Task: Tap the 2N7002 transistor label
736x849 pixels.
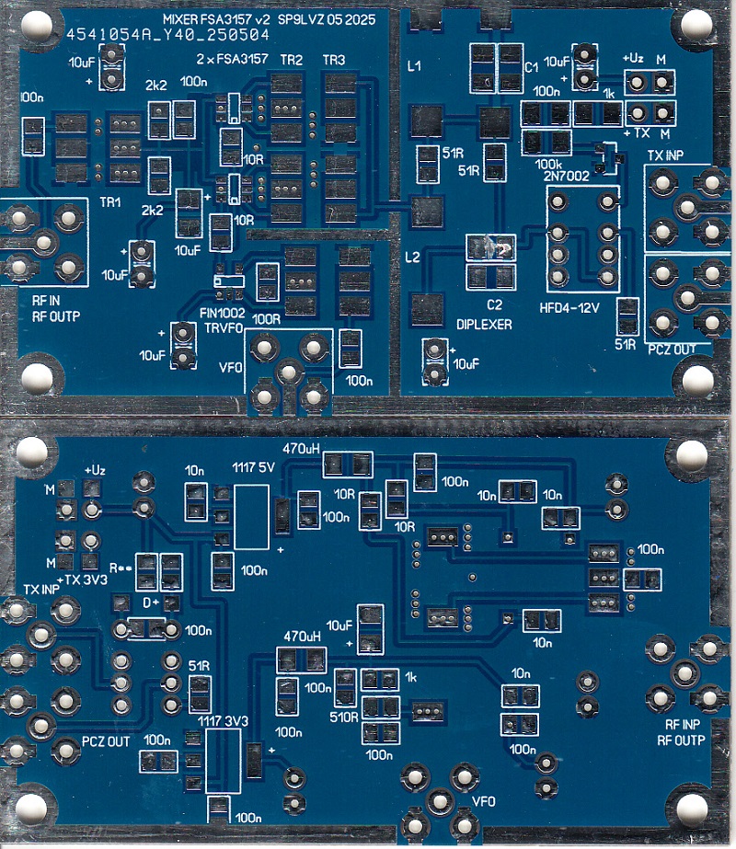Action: click(566, 175)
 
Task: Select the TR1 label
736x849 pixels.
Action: click(112, 201)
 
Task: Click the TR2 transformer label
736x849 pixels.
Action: click(292, 60)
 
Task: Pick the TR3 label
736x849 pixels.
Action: click(334, 60)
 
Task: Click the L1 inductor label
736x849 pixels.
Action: click(414, 67)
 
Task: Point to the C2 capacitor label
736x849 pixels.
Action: click(494, 304)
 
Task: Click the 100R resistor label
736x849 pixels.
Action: click(267, 319)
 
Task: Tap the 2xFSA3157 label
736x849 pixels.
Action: click(232, 60)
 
